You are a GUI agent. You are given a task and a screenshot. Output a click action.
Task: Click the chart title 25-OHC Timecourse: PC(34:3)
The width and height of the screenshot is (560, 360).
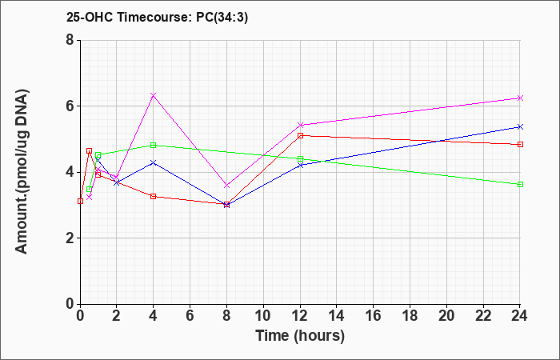(157, 17)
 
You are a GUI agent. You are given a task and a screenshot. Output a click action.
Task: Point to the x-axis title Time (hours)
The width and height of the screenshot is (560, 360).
(300, 336)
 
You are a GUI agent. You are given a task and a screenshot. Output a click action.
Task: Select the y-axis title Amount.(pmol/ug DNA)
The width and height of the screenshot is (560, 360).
(22, 171)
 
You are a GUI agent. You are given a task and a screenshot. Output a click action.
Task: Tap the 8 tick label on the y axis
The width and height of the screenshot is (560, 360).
(70, 40)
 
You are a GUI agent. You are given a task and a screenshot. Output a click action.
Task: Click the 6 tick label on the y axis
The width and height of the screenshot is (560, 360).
(70, 106)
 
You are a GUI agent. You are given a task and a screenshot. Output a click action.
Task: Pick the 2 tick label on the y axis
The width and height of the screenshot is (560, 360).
(70, 238)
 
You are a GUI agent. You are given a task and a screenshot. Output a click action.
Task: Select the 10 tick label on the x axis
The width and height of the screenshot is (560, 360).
(263, 315)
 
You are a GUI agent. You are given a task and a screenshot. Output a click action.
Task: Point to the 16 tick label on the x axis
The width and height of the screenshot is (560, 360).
(374, 315)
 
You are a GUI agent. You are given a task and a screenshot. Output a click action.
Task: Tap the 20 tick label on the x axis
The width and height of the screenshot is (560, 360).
(446, 315)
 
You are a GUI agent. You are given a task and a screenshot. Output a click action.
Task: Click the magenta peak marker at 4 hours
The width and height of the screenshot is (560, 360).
(154, 95)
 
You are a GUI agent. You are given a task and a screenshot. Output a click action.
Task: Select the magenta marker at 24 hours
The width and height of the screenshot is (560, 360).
(520, 98)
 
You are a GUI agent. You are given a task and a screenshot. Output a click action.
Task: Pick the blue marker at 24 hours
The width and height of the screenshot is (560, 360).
(520, 126)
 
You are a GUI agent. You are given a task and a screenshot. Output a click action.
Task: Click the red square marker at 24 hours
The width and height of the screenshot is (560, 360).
(520, 144)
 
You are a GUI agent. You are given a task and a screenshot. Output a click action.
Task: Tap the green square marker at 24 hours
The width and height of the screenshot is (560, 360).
(520, 184)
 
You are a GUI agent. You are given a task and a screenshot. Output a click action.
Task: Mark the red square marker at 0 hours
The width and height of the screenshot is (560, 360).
(80, 201)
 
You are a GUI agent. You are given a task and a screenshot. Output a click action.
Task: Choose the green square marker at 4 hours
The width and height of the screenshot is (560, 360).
(154, 145)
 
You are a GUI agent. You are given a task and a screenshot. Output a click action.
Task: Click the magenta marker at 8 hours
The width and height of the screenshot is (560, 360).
(226, 186)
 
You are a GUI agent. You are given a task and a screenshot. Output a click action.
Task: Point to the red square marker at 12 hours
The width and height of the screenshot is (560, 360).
(300, 135)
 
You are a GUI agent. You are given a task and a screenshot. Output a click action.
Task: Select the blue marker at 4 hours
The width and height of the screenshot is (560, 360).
(154, 162)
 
